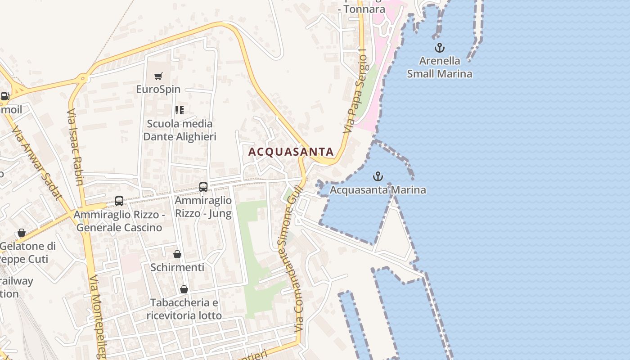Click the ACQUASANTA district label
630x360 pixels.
(291, 152)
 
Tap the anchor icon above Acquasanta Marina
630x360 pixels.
(378, 176)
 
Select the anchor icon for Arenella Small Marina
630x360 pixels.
(439, 47)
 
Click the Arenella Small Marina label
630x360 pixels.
(440, 67)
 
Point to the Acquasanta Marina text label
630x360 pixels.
(378, 190)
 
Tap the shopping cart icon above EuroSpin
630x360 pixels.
(158, 76)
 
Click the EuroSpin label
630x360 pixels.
(158, 89)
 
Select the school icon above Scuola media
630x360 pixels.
(180, 110)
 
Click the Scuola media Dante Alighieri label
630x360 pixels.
(180, 130)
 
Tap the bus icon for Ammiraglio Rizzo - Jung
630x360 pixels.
(203, 187)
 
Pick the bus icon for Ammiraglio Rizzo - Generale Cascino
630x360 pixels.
(119, 201)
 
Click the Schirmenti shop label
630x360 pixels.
(177, 267)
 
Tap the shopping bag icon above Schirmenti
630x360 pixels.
(177, 255)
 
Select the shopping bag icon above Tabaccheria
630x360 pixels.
(184, 289)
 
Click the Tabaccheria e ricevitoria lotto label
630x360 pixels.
(184, 309)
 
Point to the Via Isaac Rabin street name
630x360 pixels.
(75, 146)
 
